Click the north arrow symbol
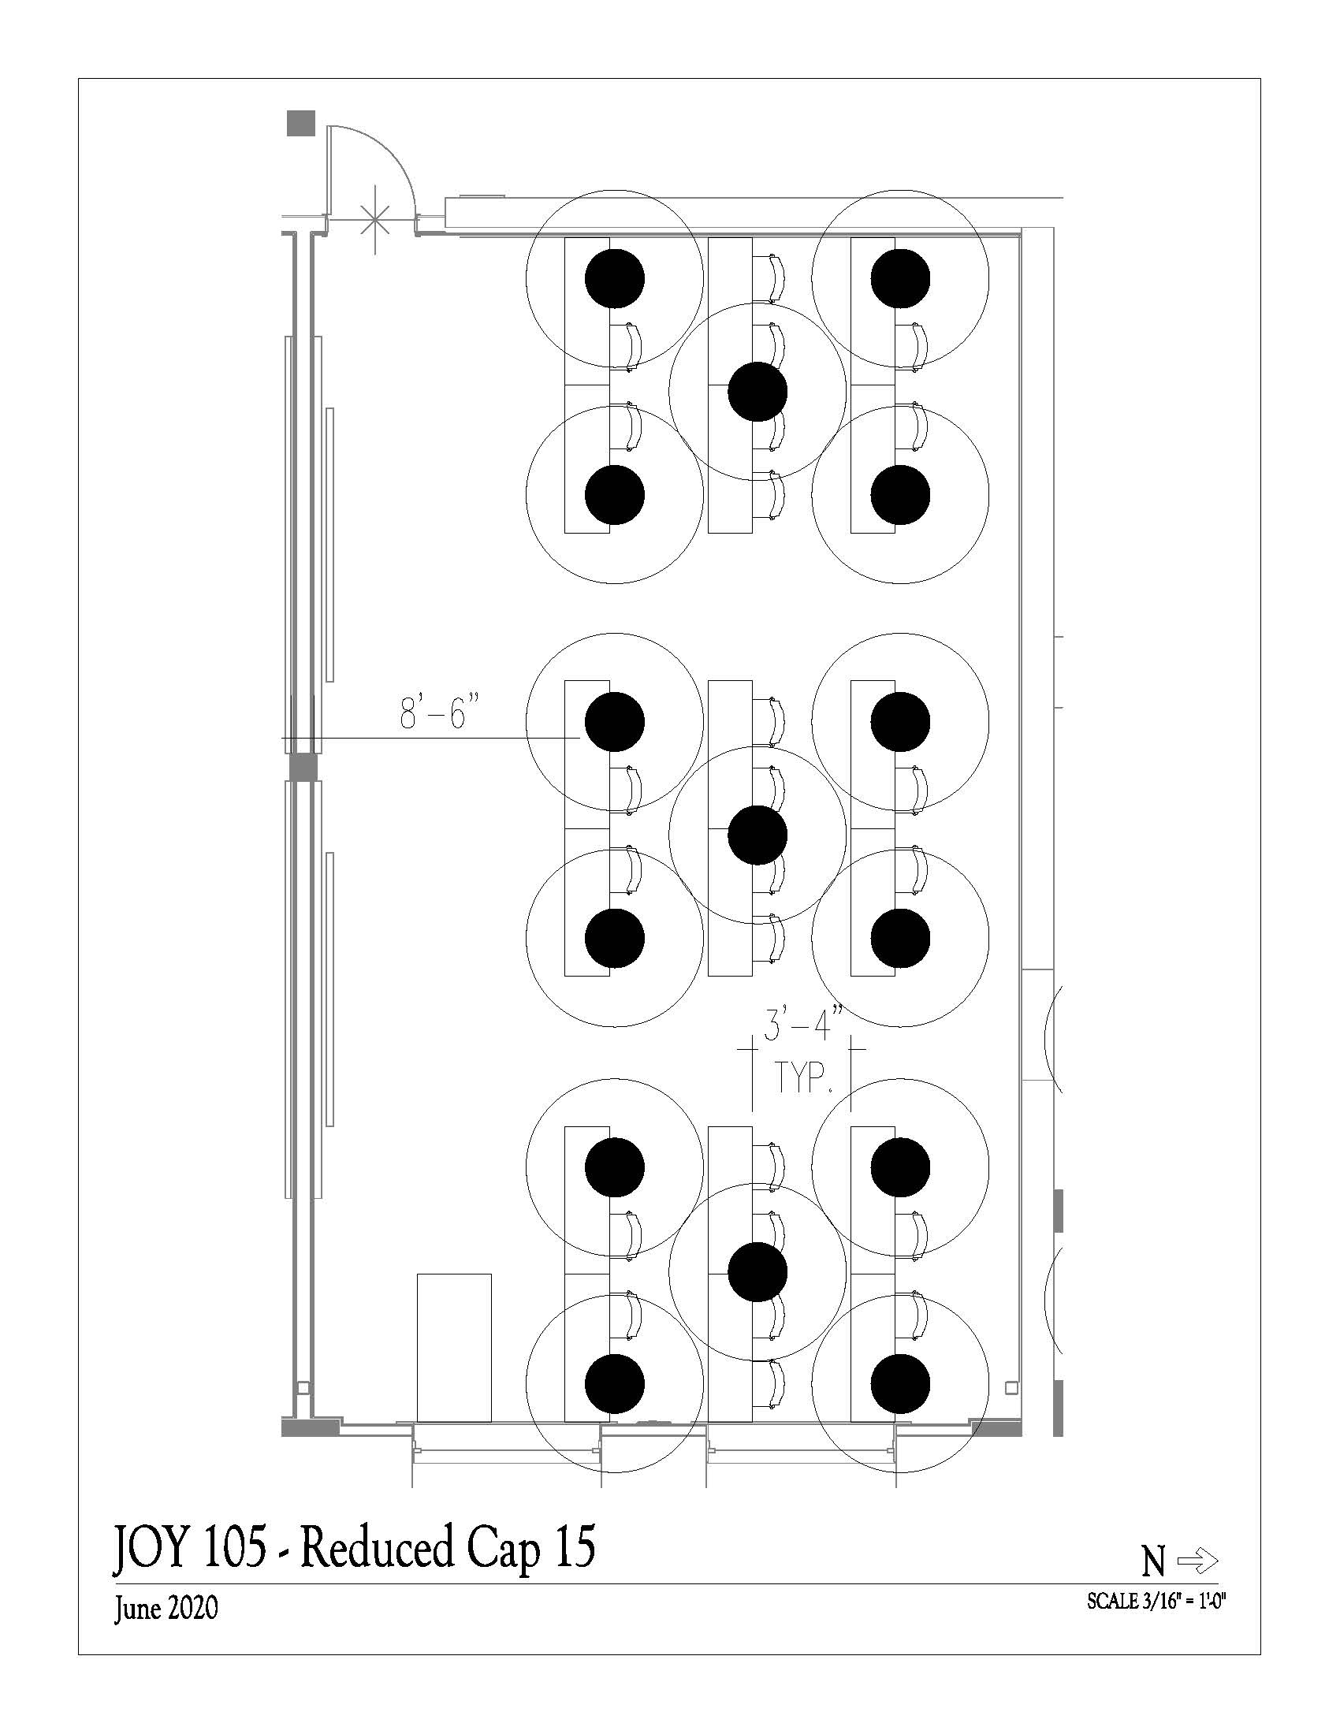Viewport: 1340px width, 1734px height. coord(1198,1561)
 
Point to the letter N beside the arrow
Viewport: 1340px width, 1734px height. coord(1153,1562)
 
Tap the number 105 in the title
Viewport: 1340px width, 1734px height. coord(235,1546)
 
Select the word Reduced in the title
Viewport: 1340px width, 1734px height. coord(377,1546)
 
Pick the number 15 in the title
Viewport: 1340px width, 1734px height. coord(575,1546)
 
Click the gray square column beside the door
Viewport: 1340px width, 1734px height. coord(301,123)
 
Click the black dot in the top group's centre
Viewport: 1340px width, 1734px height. coord(757,392)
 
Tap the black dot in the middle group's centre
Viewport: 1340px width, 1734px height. coord(757,835)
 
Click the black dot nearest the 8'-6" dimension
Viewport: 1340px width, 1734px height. coord(615,722)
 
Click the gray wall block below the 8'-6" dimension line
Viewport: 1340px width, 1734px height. coord(302,767)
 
